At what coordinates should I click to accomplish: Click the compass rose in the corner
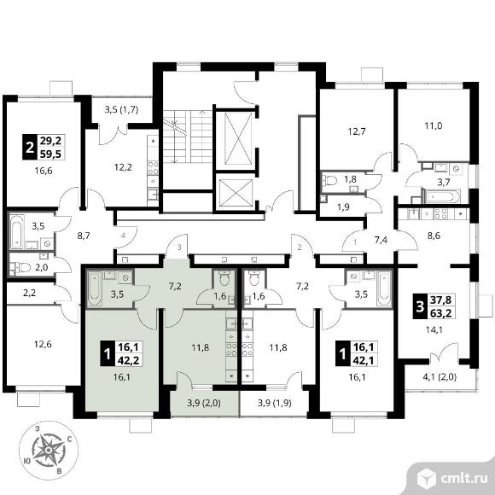click(x=49, y=449)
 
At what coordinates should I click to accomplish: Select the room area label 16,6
click(x=44, y=171)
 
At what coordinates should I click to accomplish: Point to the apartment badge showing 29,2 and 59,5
click(x=44, y=147)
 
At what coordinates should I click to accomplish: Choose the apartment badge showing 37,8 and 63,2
click(x=434, y=306)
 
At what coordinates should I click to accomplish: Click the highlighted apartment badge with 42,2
click(x=121, y=353)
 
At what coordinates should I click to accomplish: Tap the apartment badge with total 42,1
click(x=357, y=353)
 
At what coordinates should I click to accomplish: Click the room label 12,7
click(x=357, y=131)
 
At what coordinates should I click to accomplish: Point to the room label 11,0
click(x=434, y=125)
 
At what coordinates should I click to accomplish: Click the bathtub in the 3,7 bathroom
click(x=440, y=196)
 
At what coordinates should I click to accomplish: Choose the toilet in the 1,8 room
click(x=329, y=181)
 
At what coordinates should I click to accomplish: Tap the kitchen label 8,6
click(x=434, y=236)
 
